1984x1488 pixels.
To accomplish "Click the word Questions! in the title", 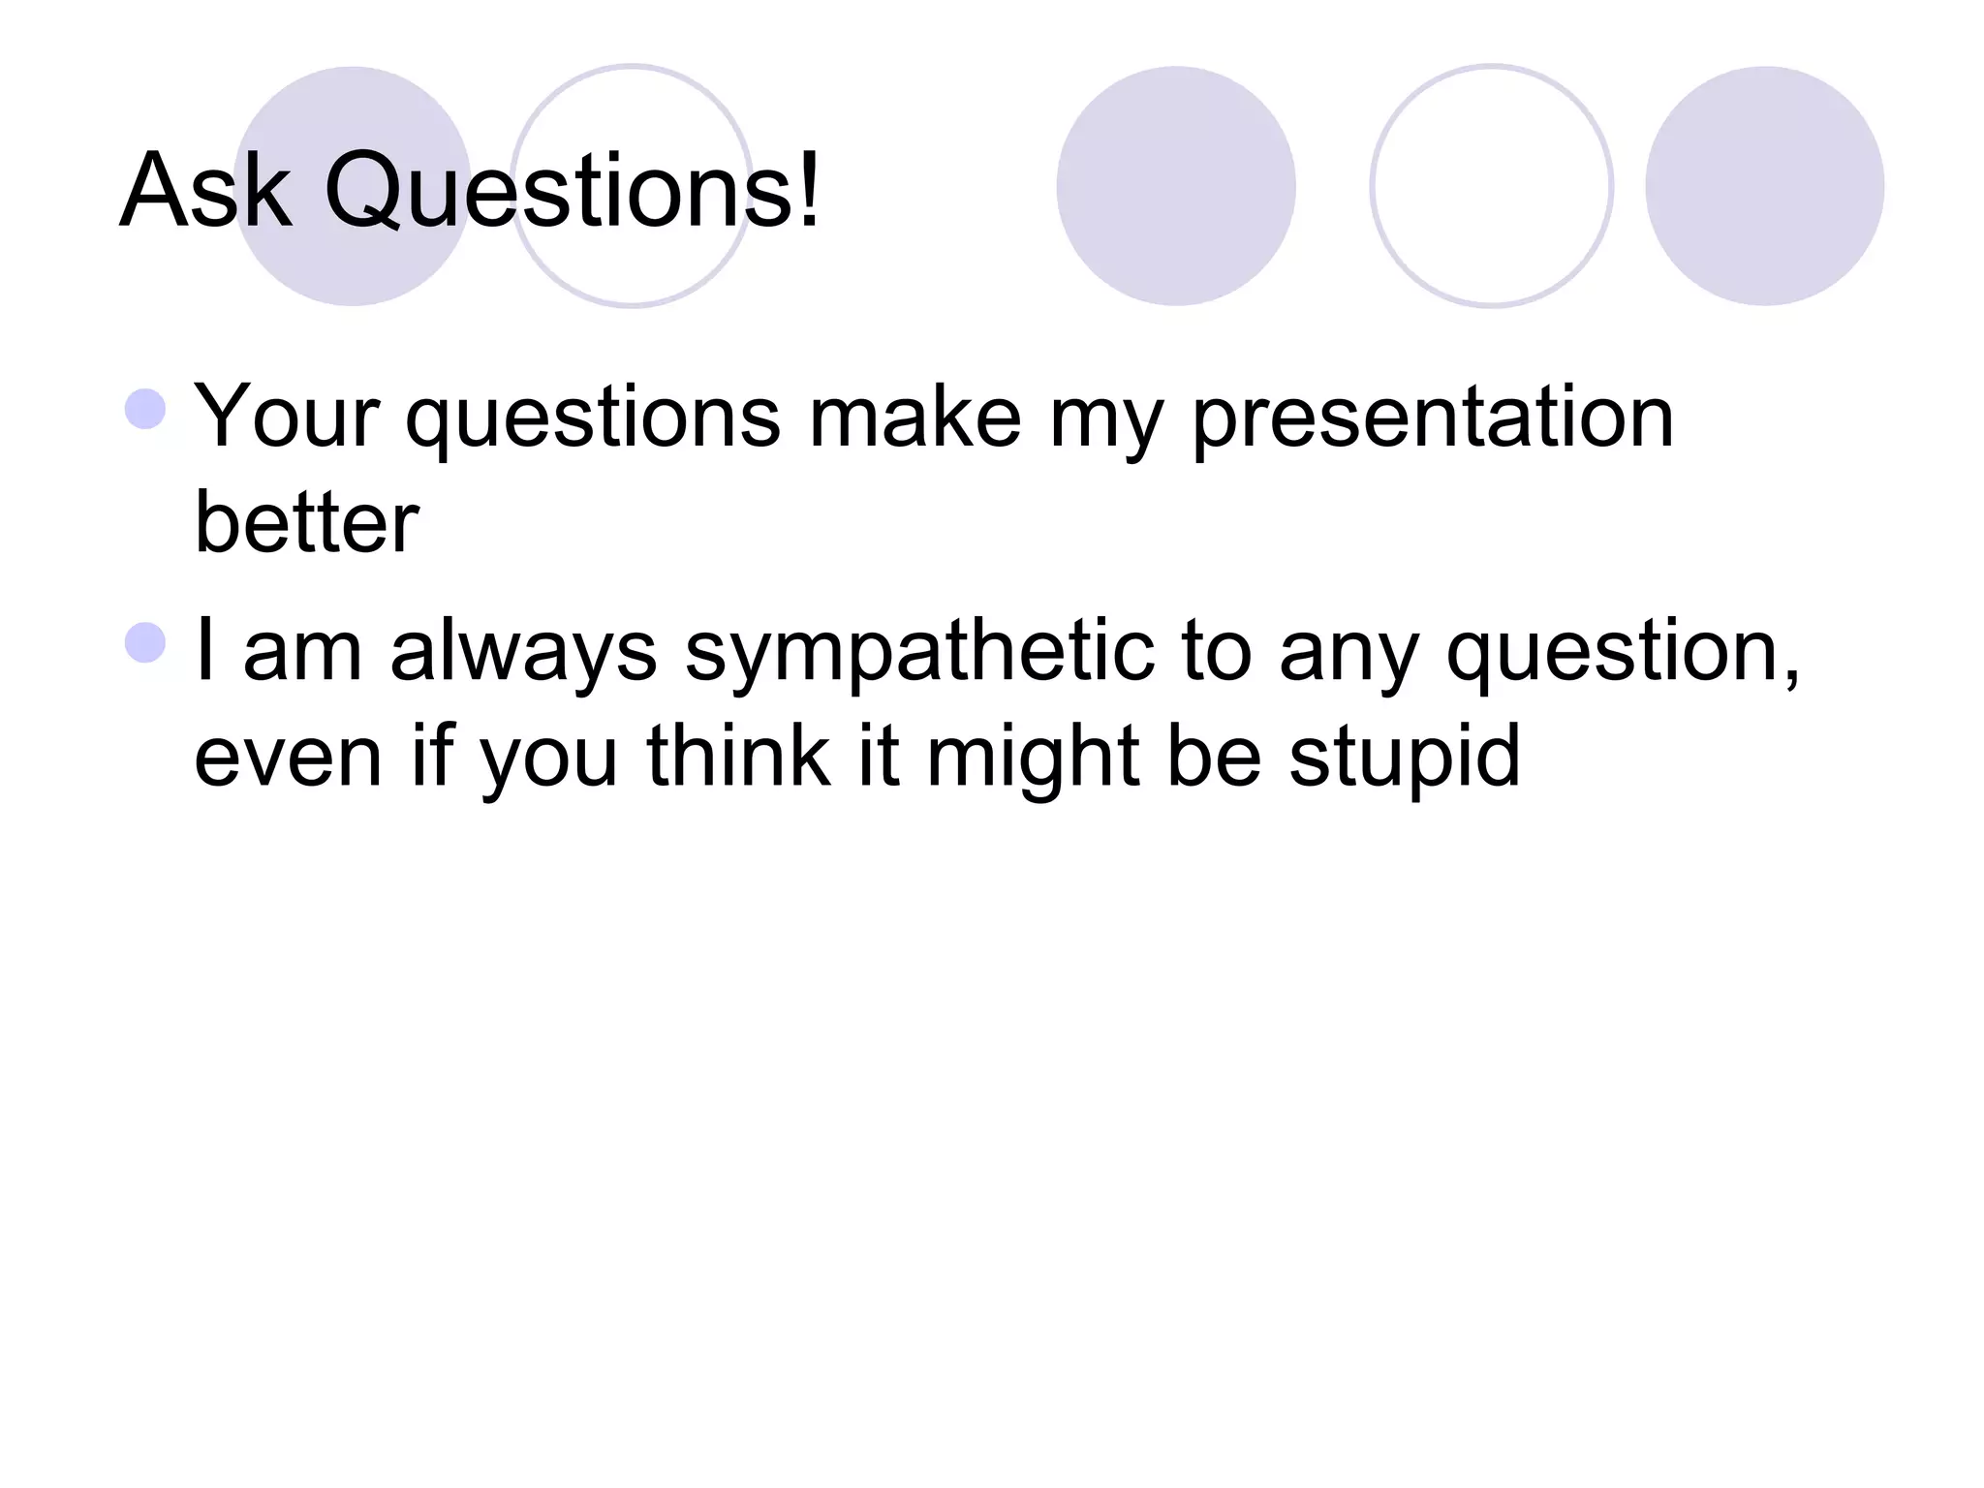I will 572,192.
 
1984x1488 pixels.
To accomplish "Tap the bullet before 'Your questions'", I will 145,409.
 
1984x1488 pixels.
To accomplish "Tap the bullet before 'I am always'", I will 145,643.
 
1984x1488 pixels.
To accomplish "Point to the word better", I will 306,523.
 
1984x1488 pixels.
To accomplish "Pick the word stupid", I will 1404,759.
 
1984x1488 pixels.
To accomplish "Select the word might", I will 1034,759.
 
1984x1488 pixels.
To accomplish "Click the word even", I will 288,759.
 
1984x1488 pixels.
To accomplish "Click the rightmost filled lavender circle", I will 1764,186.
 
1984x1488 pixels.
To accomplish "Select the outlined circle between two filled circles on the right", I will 1491,186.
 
